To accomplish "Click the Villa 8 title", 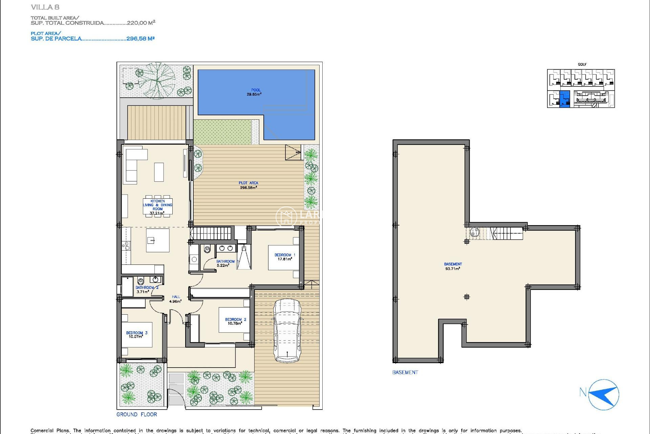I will coord(45,7).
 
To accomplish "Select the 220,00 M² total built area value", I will coord(141,23).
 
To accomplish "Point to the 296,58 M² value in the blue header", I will coord(140,39).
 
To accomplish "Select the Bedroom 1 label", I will coord(285,257).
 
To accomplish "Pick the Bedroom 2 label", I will coord(235,321).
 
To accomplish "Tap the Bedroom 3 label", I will coord(136,335).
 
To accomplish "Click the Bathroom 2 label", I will coord(147,289).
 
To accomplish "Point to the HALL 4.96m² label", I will coord(175,299).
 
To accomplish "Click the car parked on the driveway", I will coord(287,331).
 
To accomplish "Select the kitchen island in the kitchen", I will coord(157,240).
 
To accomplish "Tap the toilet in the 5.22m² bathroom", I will coord(207,250).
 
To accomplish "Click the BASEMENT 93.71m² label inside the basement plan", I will coord(453,266).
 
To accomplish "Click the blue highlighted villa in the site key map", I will coord(565,99).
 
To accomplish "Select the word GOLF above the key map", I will coord(582,64).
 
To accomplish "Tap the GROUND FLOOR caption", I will coord(136,414).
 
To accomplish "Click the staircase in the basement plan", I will coord(504,233).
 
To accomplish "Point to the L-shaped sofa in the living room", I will coord(134,164).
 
